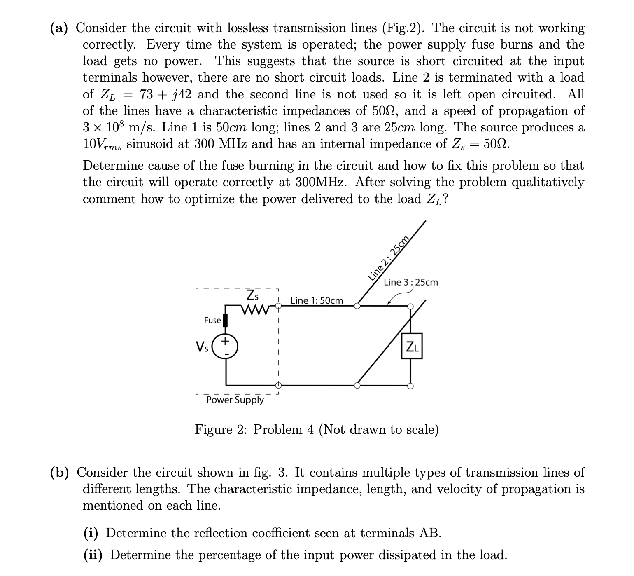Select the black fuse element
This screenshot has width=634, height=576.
[225, 320]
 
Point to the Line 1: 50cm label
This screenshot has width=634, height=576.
[317, 300]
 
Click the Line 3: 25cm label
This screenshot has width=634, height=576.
[411, 282]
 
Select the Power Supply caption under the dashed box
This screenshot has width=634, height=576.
[235, 400]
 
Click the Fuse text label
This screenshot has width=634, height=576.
[212, 320]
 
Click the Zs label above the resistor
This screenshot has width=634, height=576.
[253, 295]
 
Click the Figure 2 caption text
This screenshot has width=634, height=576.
[316, 430]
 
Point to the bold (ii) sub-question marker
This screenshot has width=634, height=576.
[94, 555]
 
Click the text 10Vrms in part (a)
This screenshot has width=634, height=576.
[103, 144]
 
